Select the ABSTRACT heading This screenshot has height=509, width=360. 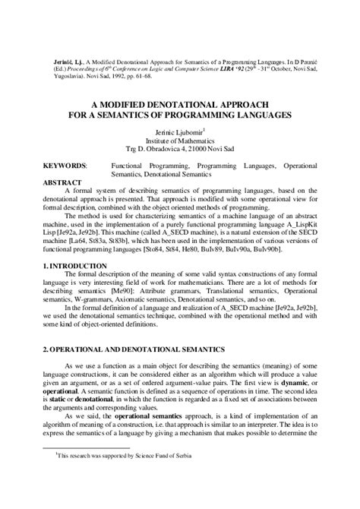tap(61, 182)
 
